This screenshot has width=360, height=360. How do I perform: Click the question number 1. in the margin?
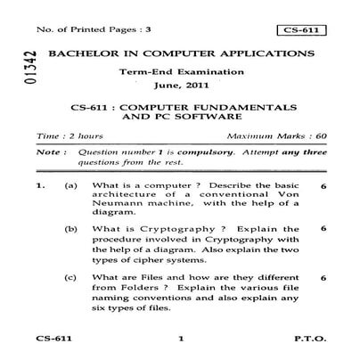tap(41, 184)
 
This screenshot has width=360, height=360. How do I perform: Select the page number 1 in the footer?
tap(179, 340)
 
